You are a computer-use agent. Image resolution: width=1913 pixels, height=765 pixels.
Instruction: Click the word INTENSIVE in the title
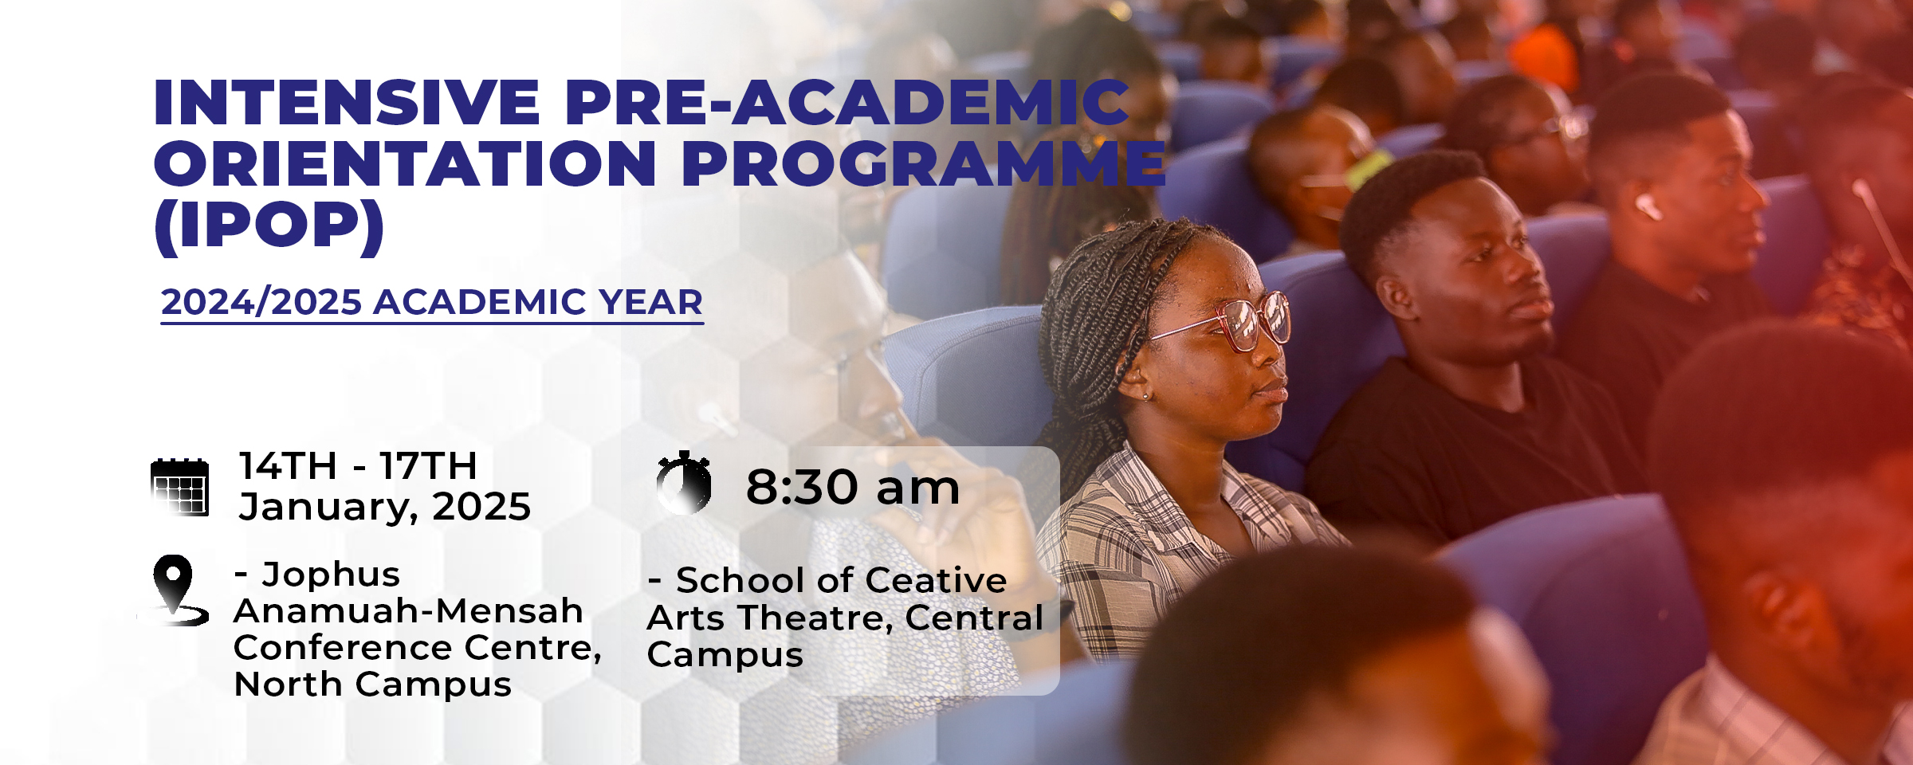(347, 103)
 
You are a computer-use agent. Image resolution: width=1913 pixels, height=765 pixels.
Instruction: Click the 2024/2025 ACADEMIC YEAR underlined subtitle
(431, 303)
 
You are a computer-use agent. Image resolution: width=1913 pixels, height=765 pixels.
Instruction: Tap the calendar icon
(180, 487)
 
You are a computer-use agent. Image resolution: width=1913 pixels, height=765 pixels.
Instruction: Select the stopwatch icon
(684, 483)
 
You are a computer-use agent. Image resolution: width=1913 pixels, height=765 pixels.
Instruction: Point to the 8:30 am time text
(852, 487)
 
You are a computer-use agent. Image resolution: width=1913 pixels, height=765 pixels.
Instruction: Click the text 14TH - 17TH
(358, 465)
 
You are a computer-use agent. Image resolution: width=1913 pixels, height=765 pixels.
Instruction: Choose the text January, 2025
(384, 507)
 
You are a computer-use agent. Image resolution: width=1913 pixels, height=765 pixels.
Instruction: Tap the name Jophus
(331, 575)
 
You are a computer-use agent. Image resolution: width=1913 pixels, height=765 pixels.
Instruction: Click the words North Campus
(372, 685)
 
